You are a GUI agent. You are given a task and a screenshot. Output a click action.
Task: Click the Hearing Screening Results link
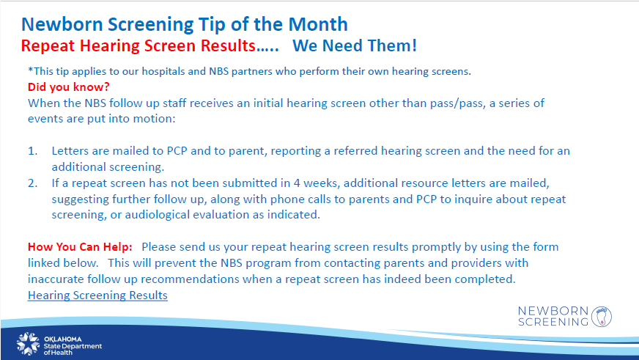[x=97, y=295]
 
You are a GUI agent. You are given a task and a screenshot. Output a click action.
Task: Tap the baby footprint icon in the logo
[x=602, y=317]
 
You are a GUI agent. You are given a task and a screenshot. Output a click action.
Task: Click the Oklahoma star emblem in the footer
[x=28, y=343]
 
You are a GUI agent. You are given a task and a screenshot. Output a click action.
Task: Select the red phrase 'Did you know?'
[x=68, y=87]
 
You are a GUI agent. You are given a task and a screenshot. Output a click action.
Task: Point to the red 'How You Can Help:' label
[x=80, y=247]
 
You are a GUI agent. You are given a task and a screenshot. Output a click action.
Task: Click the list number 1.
[x=32, y=151]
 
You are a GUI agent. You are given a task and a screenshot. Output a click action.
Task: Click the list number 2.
[x=32, y=183]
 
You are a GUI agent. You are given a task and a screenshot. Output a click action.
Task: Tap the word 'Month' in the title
[x=318, y=24]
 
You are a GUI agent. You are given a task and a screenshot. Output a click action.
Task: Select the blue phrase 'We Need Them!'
[x=355, y=45]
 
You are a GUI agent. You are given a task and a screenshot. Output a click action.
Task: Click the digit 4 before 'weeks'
[x=297, y=183]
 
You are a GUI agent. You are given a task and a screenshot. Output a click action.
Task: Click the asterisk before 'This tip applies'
[x=30, y=70]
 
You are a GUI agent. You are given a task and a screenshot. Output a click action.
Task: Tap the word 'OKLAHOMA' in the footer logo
[x=63, y=339]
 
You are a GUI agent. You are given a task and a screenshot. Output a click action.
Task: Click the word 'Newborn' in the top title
[x=62, y=24]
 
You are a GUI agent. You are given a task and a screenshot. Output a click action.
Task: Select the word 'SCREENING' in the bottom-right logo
[x=553, y=322]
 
